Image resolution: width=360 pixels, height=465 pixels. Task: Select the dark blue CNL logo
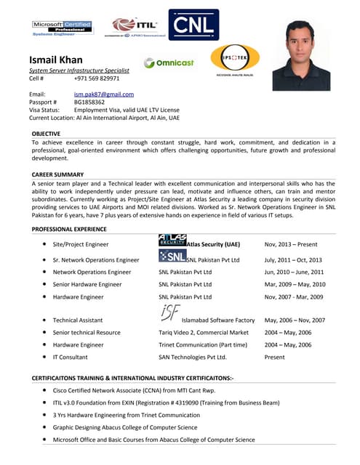coord(193,25)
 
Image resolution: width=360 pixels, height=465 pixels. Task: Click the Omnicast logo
coord(169,62)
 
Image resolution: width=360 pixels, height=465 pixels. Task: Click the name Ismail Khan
coord(55,59)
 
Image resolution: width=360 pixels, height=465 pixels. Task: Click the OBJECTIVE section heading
coord(47,134)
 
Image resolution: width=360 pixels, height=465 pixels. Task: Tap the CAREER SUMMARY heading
coord(58,174)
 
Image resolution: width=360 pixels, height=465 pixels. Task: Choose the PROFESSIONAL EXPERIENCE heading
coord(69,229)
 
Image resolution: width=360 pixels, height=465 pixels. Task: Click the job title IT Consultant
coord(71,357)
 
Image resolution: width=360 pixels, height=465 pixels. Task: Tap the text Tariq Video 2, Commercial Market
coord(204,332)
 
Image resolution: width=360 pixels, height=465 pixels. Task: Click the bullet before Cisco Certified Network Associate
coord(46,390)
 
